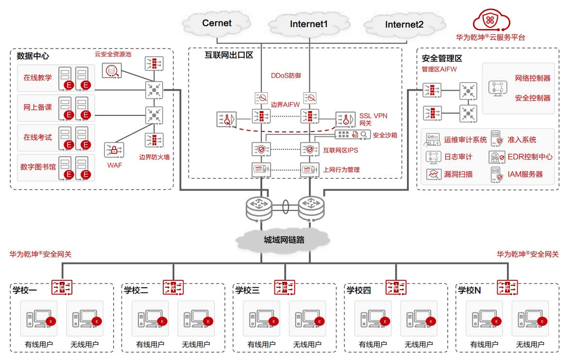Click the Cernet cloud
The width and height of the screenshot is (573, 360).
217,23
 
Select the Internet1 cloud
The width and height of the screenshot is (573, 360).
309,24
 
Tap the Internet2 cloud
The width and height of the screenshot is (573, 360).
404,24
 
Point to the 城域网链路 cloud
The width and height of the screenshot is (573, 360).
284,240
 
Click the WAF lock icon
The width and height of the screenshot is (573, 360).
114,150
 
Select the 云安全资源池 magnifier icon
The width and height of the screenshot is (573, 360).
112,70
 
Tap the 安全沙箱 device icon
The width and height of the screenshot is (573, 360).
353,135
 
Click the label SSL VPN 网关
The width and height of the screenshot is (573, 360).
373,119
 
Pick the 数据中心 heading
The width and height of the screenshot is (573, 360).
33,56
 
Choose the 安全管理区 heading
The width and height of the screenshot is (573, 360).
442,58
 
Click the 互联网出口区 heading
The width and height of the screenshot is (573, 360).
229,55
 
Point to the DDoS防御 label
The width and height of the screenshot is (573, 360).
286,76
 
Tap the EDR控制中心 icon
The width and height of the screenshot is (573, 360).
496,157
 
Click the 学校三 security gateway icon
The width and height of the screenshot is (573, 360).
285,287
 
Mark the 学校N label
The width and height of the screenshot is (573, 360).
470,290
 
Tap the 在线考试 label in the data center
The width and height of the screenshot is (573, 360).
37,137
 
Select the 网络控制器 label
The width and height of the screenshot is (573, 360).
533,78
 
